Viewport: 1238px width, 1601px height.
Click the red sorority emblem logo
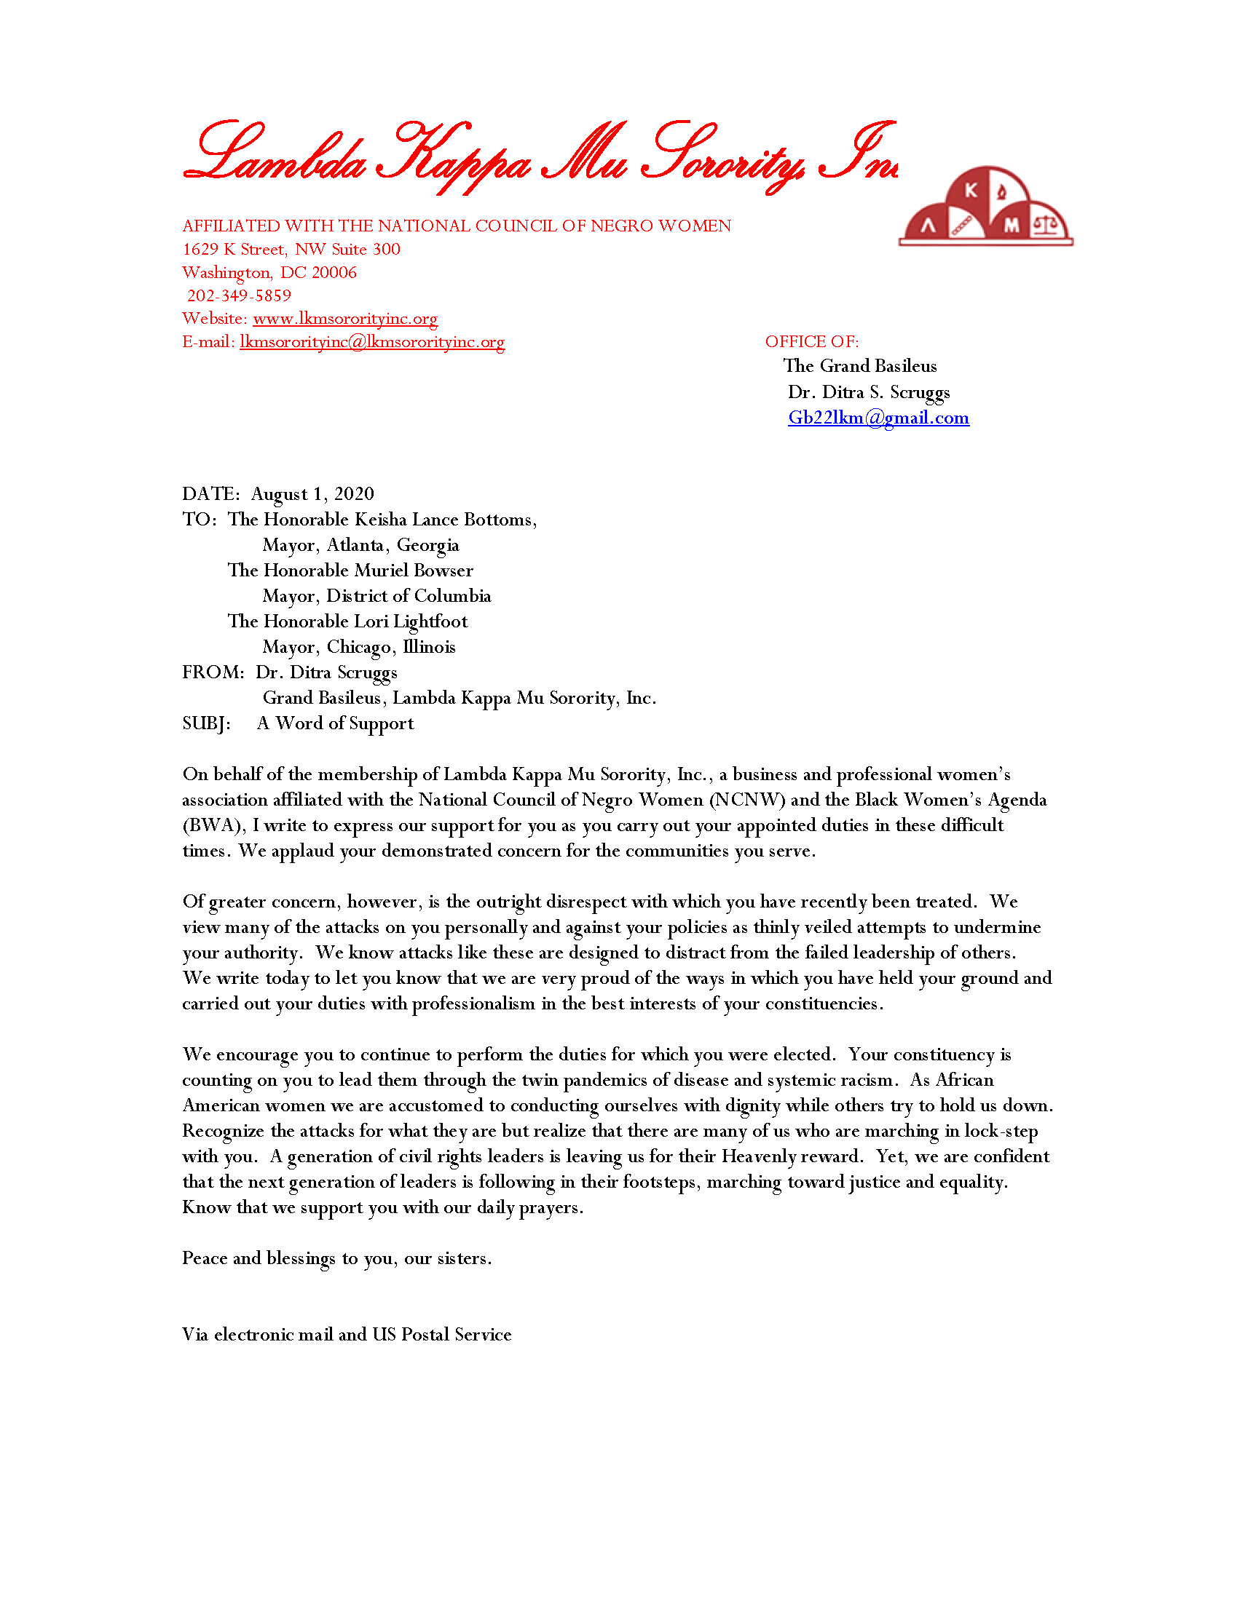pyautogui.click(x=985, y=207)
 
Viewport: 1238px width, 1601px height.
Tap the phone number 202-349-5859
pyautogui.click(x=239, y=295)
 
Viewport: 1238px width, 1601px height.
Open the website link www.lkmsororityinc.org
pyautogui.click(x=344, y=319)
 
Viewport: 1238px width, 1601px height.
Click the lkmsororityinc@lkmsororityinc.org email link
pyautogui.click(x=372, y=342)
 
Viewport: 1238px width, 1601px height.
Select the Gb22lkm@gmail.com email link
pyautogui.click(x=878, y=418)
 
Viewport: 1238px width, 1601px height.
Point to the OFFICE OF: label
pyautogui.click(x=811, y=341)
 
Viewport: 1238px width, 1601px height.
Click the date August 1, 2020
pyautogui.click(x=312, y=494)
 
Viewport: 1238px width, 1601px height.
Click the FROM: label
pyautogui.click(x=213, y=672)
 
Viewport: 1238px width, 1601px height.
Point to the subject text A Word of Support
pyautogui.click(x=335, y=723)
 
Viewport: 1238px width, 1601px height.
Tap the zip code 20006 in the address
pyautogui.click(x=334, y=273)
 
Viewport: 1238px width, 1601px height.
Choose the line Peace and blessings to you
pyautogui.click(x=336, y=1259)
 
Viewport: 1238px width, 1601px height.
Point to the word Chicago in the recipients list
pyautogui.click(x=358, y=647)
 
